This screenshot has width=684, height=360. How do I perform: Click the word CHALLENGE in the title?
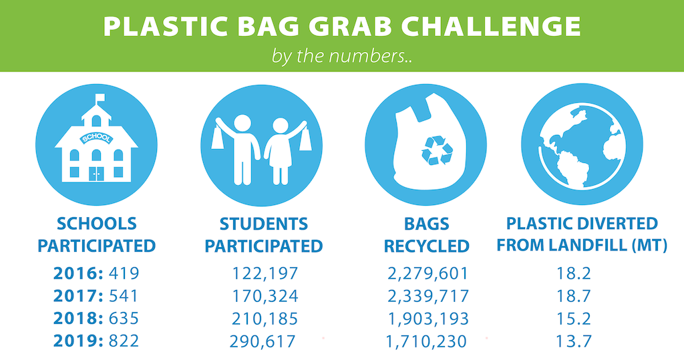pos(491,27)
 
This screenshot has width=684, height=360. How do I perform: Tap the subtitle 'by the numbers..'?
pos(342,56)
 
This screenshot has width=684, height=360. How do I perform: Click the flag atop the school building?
pos(100,98)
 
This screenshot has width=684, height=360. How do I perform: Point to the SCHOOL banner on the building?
pos(96,138)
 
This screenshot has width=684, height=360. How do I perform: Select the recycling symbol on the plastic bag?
pos(437,150)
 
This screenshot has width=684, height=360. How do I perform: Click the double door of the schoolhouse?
pos(96,174)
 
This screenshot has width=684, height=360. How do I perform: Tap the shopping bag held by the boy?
pos(218,136)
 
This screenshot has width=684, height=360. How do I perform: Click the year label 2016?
pos(79,274)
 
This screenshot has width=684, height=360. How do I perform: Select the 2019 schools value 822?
pos(124,341)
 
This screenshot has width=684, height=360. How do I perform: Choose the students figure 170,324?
pos(265,296)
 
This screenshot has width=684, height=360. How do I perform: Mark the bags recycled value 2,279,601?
pos(427,274)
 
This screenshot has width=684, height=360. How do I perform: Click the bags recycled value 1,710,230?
pos(426,341)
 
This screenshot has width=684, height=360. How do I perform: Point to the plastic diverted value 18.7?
pos(574,296)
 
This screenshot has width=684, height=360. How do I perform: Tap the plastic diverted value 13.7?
pos(574,341)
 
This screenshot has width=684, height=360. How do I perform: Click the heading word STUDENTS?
pos(264,224)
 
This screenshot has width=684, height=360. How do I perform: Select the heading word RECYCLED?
pos(427,246)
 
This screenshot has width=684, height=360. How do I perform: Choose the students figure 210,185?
pos(265,319)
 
